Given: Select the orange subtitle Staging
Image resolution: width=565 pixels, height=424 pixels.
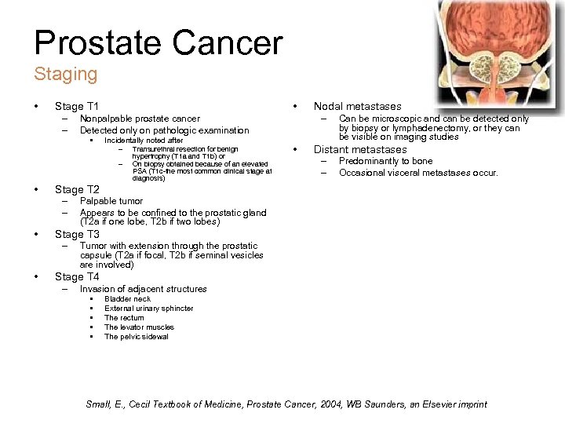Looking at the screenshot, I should point(65,75).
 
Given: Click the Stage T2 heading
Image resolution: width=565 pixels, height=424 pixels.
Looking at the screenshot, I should point(76,189).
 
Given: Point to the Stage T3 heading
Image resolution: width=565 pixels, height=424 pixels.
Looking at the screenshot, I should point(76,234).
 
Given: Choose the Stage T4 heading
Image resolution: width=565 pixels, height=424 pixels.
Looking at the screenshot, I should point(76,276).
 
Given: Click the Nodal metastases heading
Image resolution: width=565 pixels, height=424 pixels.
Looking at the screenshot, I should point(357,106).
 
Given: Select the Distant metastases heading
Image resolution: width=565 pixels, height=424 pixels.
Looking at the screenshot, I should point(360,149).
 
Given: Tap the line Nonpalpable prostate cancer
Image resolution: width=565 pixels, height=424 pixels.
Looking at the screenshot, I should point(140,119).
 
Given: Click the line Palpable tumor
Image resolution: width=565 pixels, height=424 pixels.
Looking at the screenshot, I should point(111,202).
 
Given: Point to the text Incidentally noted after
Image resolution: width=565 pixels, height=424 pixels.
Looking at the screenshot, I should point(144,141).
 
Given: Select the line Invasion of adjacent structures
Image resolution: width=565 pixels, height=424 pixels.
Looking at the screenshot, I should point(143,289).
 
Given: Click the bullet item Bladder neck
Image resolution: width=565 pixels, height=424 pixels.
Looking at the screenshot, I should point(127,299).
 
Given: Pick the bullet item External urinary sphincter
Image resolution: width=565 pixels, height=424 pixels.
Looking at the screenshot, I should point(148,309).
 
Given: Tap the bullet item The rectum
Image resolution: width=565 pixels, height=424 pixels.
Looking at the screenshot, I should point(124,318).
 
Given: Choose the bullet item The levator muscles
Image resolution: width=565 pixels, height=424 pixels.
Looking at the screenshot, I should point(139,327).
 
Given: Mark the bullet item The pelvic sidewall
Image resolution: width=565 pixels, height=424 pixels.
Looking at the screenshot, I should point(136,337).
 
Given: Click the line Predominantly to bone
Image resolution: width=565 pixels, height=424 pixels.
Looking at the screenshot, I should point(385,161).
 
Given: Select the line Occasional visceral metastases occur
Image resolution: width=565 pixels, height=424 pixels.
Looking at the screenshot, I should point(418,173).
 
